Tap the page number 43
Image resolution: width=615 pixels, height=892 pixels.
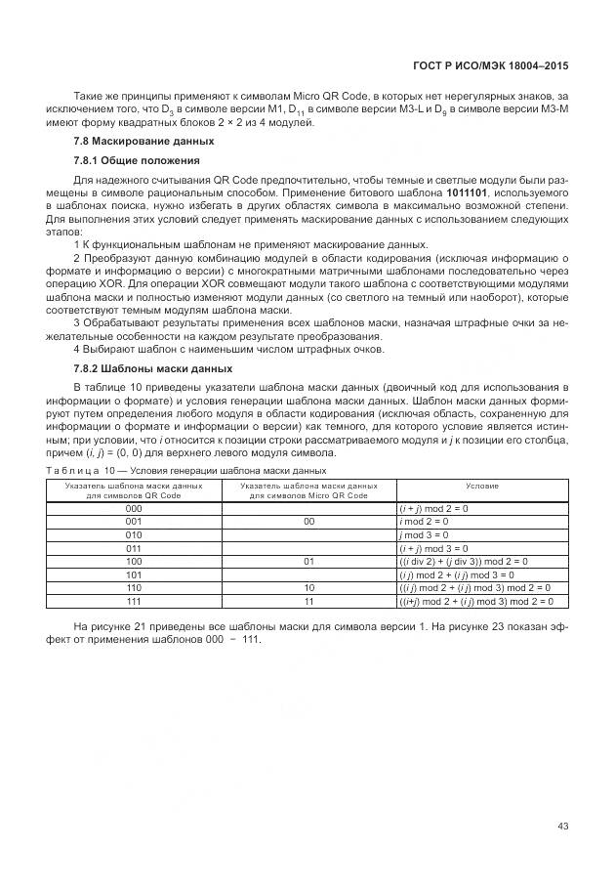tap(562, 827)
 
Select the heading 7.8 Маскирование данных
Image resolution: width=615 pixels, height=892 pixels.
tap(130, 142)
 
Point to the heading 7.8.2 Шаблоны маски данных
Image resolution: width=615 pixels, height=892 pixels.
tap(152, 368)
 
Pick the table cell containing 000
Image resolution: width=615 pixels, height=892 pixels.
tap(134, 509)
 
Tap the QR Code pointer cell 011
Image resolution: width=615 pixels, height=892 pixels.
tap(134, 549)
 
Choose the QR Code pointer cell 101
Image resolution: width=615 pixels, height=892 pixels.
tap(134, 575)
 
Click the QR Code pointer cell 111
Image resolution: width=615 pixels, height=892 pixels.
tap(134, 602)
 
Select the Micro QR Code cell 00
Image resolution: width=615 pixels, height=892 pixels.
tap(308, 523)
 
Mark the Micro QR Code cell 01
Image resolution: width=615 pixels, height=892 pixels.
tap(308, 562)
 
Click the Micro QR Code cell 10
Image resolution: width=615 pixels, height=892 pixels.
tap(308, 588)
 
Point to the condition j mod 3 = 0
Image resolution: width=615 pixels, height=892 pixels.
tap(425, 535)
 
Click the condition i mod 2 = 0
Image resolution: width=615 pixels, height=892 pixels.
tap(425, 523)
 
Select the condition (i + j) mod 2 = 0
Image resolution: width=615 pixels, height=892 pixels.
tap(433, 509)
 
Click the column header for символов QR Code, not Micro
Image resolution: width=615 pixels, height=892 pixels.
tap(134, 489)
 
